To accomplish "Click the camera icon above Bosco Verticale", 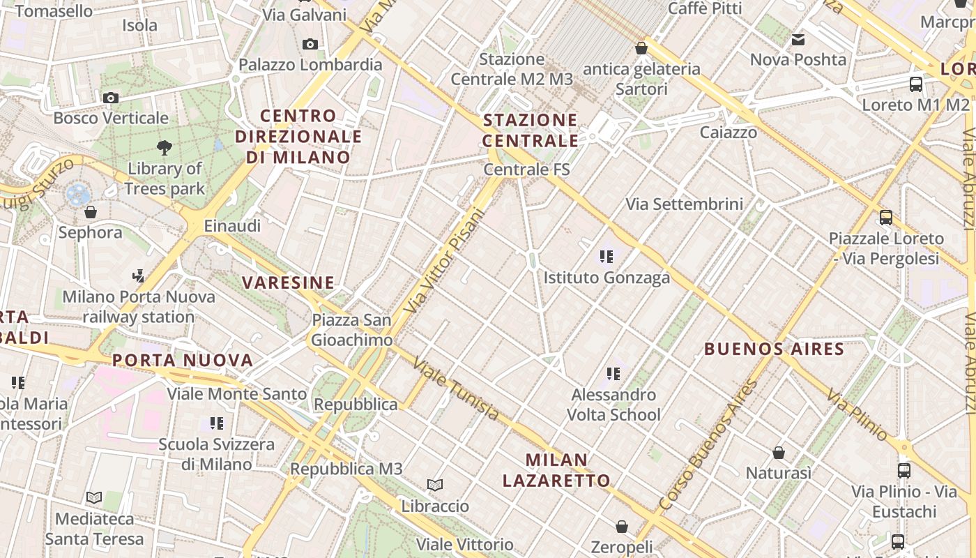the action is pyautogui.click(x=110, y=98).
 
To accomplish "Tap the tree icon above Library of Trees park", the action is pyautogui.click(x=165, y=147).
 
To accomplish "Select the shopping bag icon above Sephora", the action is pyautogui.click(x=90, y=212).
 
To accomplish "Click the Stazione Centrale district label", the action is pyautogui.click(x=531, y=130).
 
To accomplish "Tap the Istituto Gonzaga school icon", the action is pyautogui.click(x=606, y=257).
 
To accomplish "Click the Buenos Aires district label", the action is pyautogui.click(x=774, y=349).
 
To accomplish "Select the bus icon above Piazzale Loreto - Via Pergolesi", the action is pyautogui.click(x=885, y=218).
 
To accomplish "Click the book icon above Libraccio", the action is pyautogui.click(x=435, y=485).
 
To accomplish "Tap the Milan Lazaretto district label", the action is pyautogui.click(x=556, y=470).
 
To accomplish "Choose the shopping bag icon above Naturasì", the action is pyautogui.click(x=779, y=453).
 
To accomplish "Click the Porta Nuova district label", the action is pyautogui.click(x=183, y=361).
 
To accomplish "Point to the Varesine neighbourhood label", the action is pyautogui.click(x=288, y=282).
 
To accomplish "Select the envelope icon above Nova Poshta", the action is pyautogui.click(x=798, y=40).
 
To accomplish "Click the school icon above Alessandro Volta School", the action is pyautogui.click(x=613, y=374).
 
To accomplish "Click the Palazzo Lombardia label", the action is pyautogui.click(x=310, y=65).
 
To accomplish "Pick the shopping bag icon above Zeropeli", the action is pyautogui.click(x=621, y=527).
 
